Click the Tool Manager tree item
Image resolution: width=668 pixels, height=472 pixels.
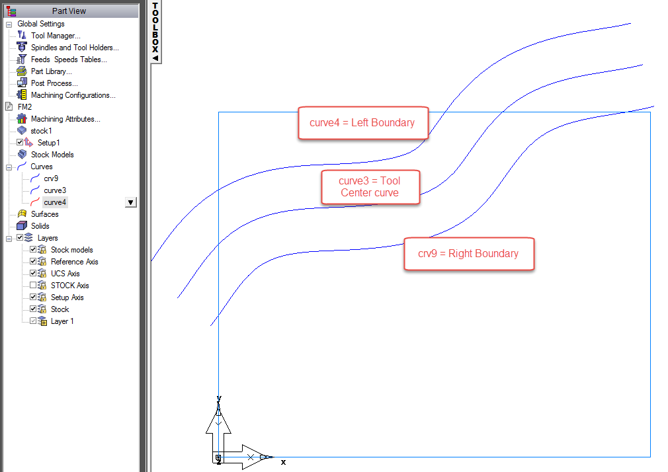(x=56, y=36)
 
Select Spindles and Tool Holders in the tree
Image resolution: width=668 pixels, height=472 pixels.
(x=75, y=48)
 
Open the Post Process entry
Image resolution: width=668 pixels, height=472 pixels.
(x=54, y=83)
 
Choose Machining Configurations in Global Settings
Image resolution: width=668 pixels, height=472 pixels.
(x=73, y=95)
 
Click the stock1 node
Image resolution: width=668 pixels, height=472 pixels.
(x=41, y=131)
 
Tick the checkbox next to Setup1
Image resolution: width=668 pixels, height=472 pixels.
(x=20, y=143)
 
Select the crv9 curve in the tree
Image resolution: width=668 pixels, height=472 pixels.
(x=51, y=178)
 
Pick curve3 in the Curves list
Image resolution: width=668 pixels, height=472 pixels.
(x=55, y=190)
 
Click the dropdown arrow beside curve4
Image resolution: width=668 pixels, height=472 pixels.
(x=131, y=202)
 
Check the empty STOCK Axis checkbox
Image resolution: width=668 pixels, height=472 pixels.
(x=33, y=286)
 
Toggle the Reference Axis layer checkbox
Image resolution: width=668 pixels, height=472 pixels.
(x=33, y=262)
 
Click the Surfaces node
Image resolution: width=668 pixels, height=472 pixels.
(x=44, y=214)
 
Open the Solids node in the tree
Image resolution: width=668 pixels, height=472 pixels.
(x=40, y=226)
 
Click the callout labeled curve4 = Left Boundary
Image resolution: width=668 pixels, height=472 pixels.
(x=362, y=123)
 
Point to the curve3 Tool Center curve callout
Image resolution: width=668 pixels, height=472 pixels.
(x=370, y=186)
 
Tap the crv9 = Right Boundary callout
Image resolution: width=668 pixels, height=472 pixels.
(x=468, y=254)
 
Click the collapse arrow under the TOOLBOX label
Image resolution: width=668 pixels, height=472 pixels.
(x=155, y=58)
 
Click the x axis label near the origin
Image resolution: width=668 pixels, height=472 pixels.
(x=284, y=462)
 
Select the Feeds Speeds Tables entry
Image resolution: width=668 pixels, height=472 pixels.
(x=69, y=59)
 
